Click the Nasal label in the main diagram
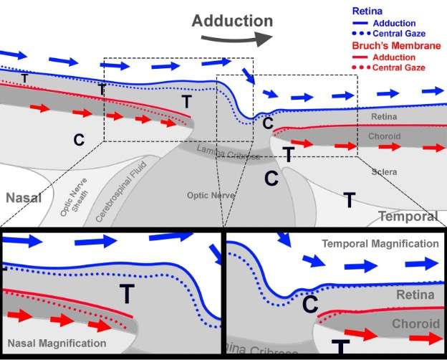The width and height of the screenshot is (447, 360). [24, 197]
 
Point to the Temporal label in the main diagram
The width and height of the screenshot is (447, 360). [408, 217]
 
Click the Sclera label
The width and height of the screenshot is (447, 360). [385, 173]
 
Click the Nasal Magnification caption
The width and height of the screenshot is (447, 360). [57, 344]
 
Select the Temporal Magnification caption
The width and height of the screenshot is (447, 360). [380, 244]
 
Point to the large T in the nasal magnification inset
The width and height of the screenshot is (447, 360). [127, 293]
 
